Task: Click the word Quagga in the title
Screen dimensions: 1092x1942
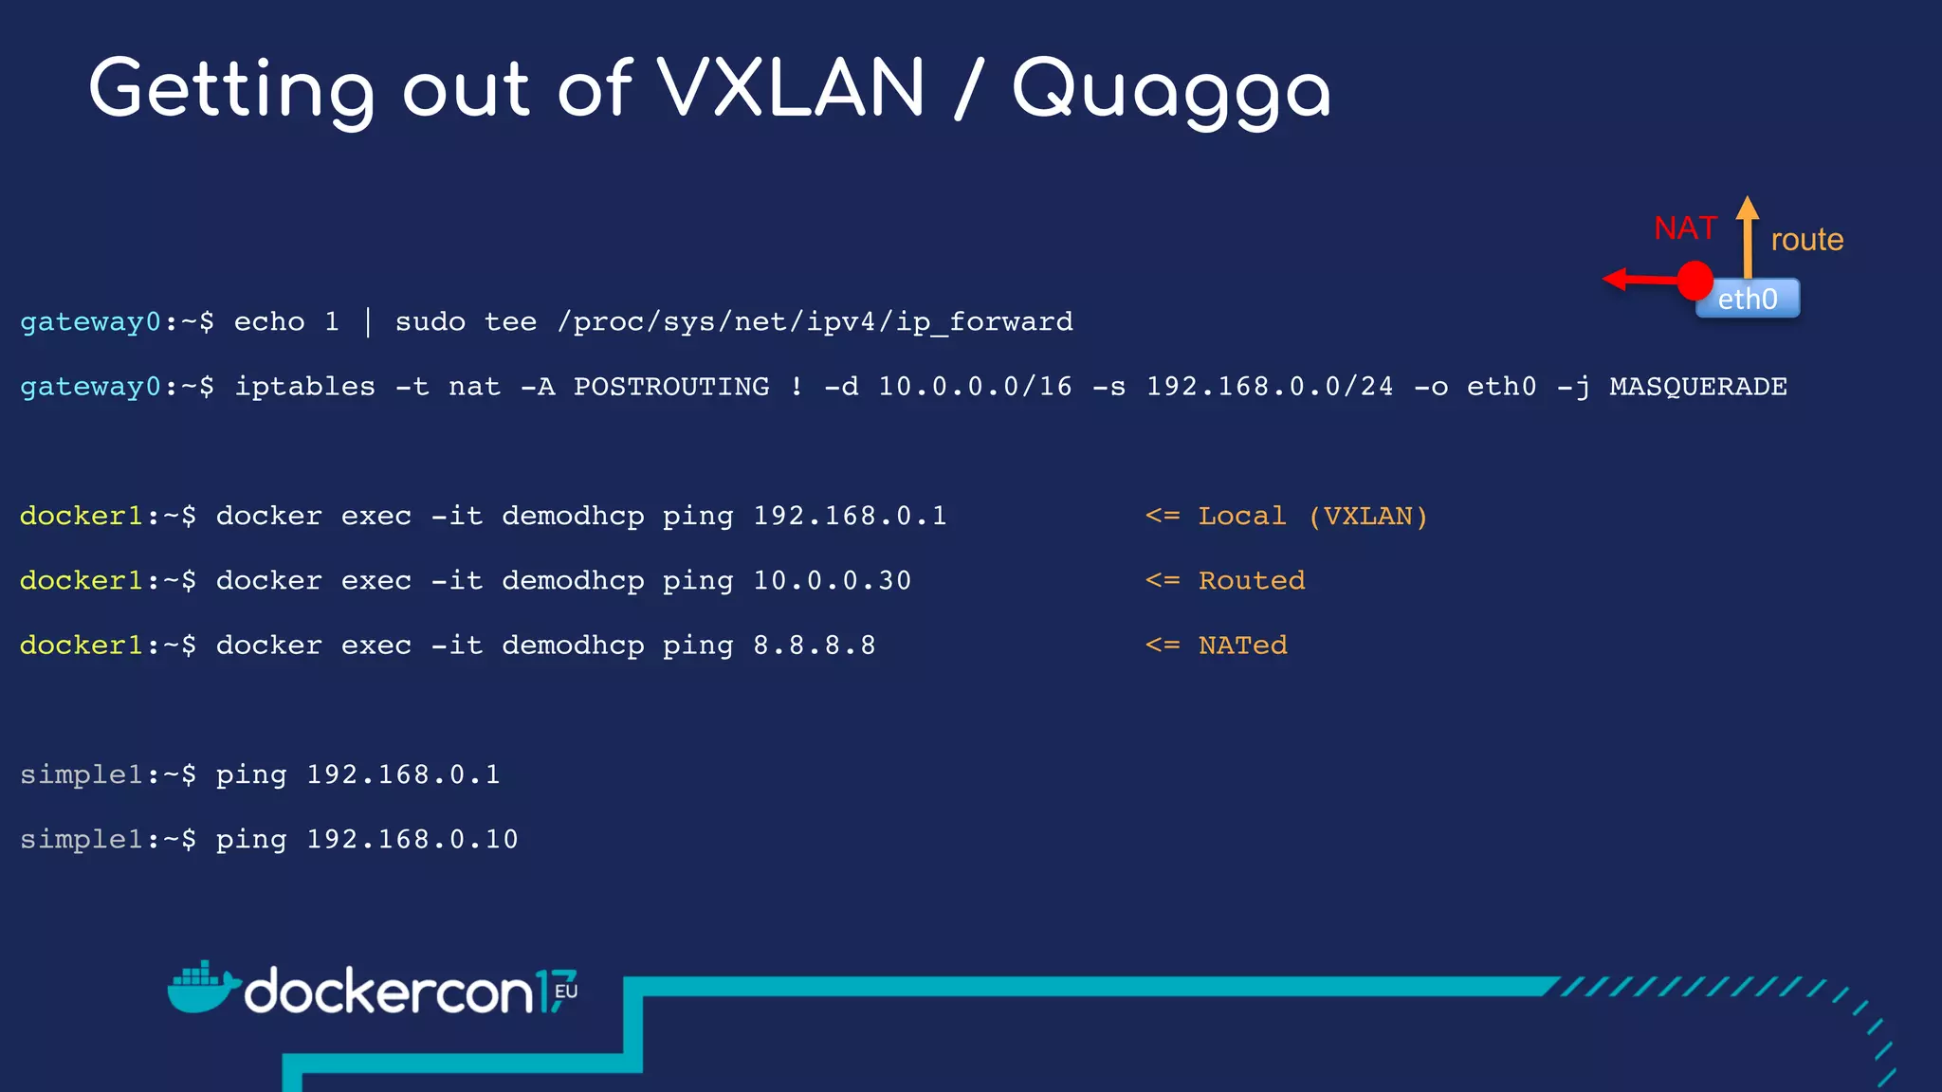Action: [x=1171, y=91]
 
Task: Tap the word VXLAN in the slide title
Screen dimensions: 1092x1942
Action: [x=791, y=89]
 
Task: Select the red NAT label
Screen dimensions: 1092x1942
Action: [x=1685, y=228]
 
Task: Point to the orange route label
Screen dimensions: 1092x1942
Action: [x=1806, y=240]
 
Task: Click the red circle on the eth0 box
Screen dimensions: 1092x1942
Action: [x=1695, y=281]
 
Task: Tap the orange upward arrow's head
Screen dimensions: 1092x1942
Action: [x=1748, y=207]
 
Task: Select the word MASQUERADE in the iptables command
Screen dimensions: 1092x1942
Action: [x=1697, y=387]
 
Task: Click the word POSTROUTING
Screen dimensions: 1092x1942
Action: [x=671, y=387]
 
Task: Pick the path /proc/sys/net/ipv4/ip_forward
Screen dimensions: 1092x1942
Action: [x=815, y=322]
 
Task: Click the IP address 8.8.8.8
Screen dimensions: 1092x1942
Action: [x=814, y=646]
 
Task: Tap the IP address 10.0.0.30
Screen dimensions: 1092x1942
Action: [x=832, y=581]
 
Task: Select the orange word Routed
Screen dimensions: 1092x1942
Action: [x=1251, y=581]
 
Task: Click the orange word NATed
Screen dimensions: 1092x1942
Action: [x=1242, y=646]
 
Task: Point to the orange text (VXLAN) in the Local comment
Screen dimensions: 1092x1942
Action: [x=1367, y=517]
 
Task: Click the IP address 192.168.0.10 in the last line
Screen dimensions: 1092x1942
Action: [x=412, y=840]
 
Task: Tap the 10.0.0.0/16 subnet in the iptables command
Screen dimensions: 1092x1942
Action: [x=975, y=387]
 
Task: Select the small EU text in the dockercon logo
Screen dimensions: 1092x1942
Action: [x=566, y=992]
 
